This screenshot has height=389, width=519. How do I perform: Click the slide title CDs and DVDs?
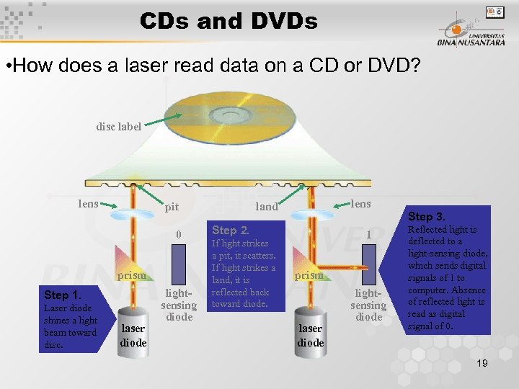(229, 22)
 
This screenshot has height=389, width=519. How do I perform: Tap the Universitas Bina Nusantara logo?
(469, 32)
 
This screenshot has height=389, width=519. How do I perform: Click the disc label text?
(119, 127)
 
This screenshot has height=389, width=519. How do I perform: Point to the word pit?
(172, 207)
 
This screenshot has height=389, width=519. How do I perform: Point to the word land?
(267, 207)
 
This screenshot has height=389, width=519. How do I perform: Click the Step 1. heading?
(62, 295)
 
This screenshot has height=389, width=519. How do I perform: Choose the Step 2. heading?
(230, 231)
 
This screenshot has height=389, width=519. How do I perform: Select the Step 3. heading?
(427, 216)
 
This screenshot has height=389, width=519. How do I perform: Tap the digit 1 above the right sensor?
(368, 235)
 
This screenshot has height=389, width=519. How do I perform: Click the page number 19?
(482, 363)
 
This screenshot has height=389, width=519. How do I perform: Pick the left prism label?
(132, 275)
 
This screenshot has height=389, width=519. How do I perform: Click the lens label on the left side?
(88, 204)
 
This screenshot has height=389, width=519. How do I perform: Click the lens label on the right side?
(360, 204)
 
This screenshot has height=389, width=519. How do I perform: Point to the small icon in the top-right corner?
(495, 12)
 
